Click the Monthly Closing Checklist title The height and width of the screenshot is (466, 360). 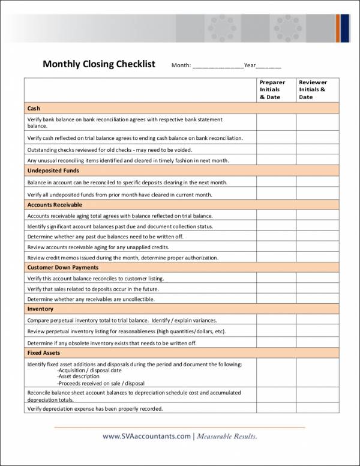[x=99, y=64]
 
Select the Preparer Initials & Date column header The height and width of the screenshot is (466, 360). [x=272, y=89]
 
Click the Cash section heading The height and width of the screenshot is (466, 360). [x=34, y=109]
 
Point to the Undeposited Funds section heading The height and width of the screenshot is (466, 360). [x=53, y=171]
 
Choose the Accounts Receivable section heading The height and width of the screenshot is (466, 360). [x=55, y=205]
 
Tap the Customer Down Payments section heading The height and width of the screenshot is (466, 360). [x=63, y=267]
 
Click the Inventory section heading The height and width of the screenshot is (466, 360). [x=40, y=309]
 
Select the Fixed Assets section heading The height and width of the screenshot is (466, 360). [x=44, y=353]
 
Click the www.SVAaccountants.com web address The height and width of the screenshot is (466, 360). [x=146, y=436]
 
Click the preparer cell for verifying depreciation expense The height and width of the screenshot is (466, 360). [x=276, y=409]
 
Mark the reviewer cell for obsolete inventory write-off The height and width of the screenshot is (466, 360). [x=317, y=342]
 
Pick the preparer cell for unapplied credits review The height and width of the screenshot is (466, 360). [x=276, y=247]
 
